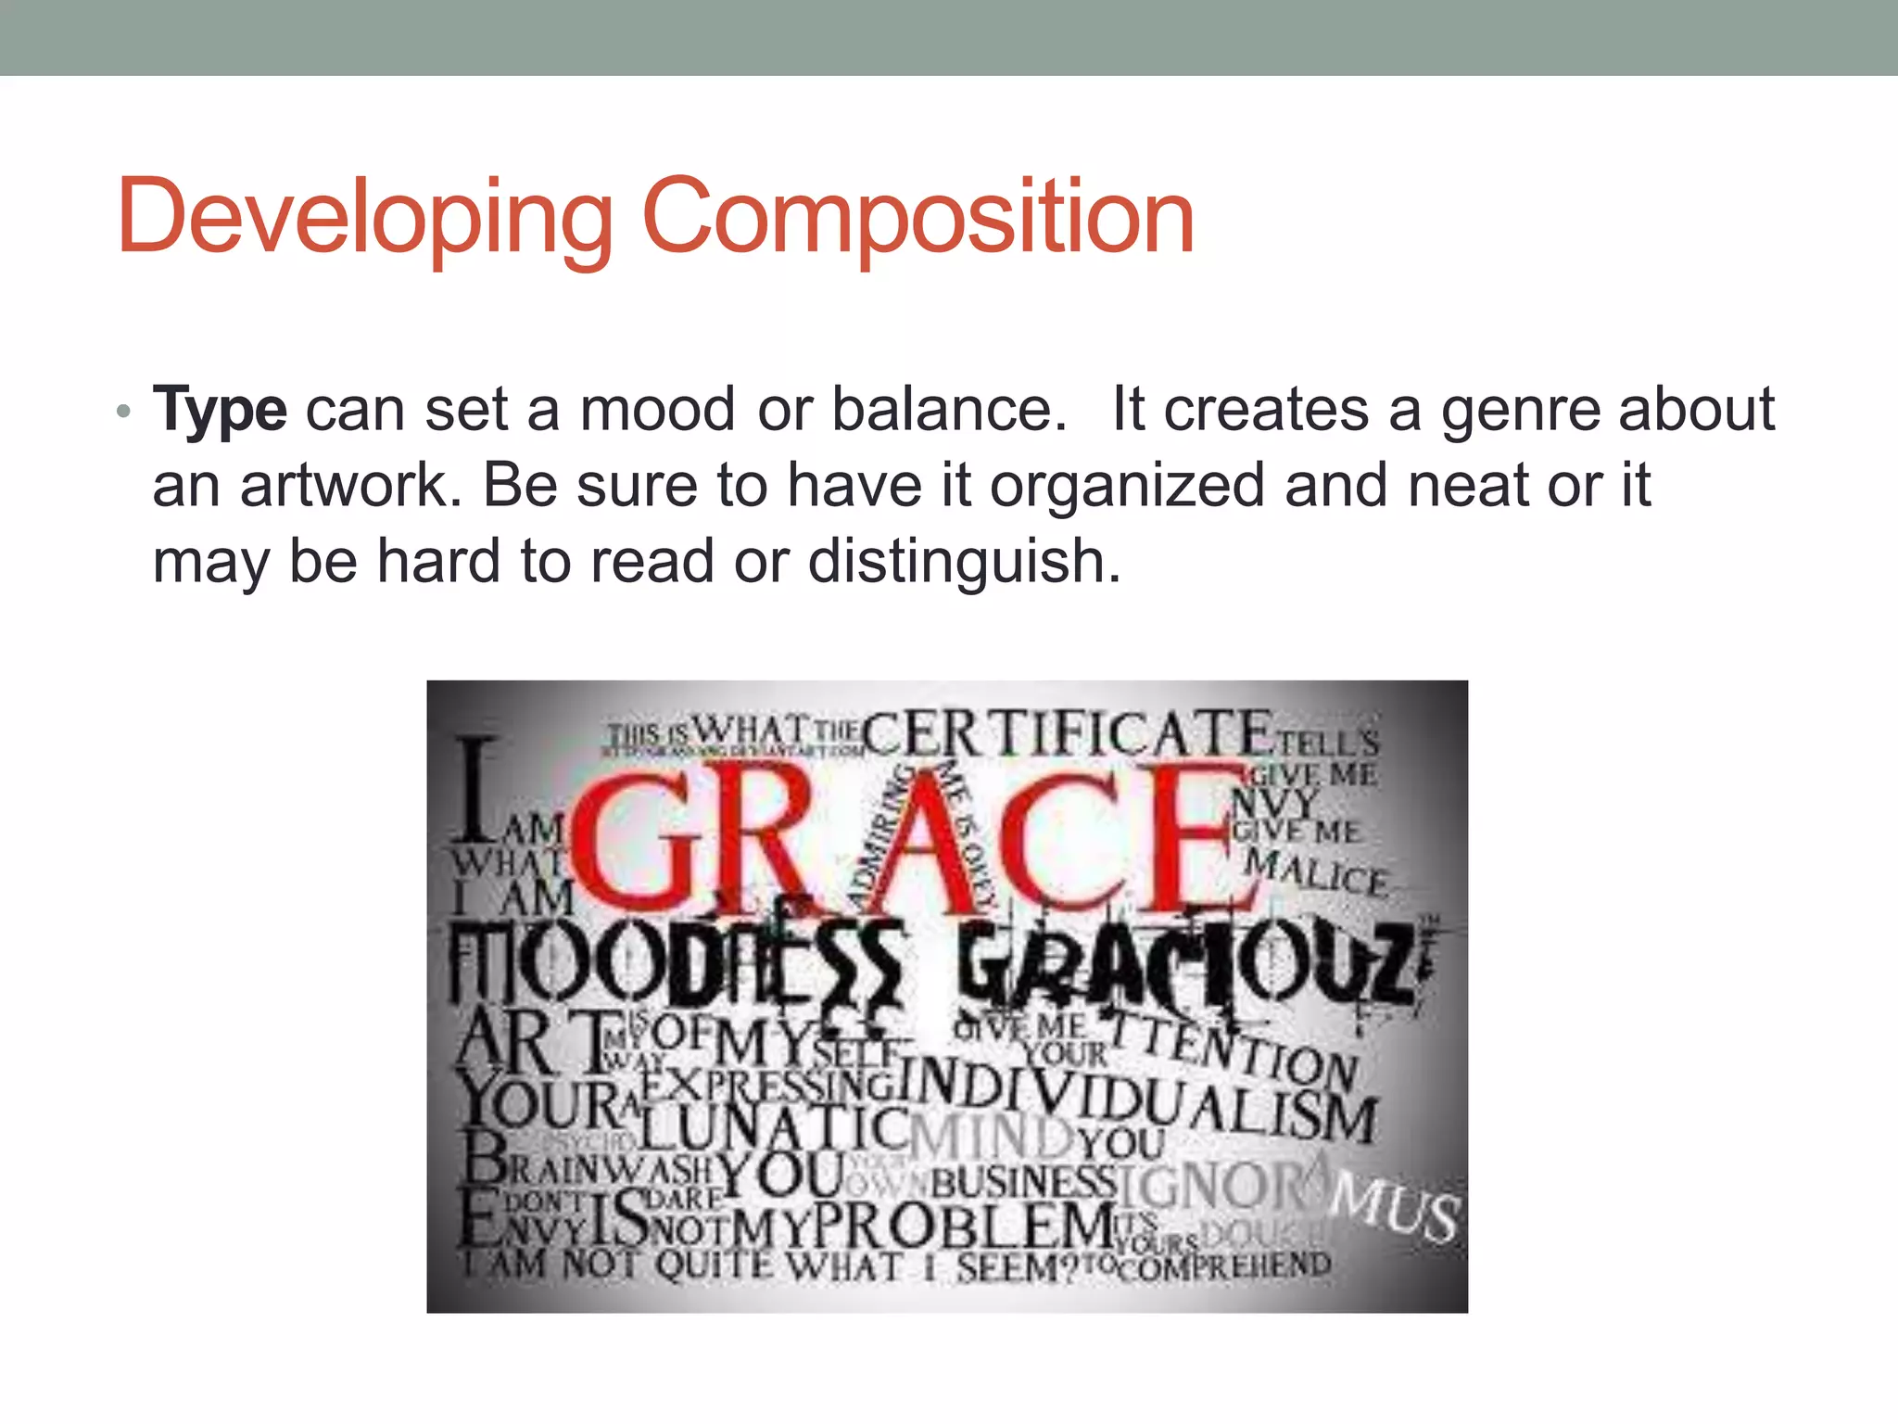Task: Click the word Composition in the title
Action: click(917, 219)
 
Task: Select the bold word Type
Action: click(220, 410)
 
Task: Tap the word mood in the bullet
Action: click(657, 410)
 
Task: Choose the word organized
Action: click(1126, 486)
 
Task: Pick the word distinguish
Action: click(964, 563)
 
